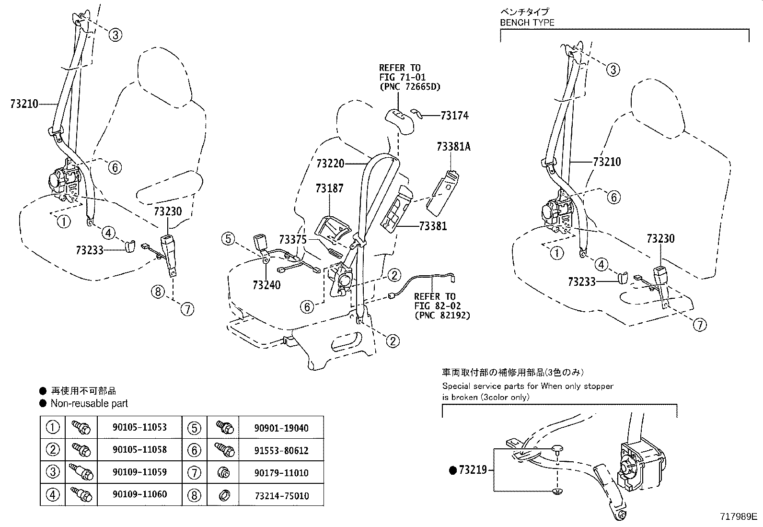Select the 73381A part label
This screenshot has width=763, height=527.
[x=453, y=147]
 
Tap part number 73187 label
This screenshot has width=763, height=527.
[x=329, y=188]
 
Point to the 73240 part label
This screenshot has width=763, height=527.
[x=266, y=285]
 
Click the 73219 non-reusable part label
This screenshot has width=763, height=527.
[x=473, y=470]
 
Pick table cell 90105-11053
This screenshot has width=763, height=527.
[x=139, y=427]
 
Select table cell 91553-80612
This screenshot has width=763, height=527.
[x=280, y=450]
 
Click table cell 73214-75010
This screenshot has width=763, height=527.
[x=280, y=495]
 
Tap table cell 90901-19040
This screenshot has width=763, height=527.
[x=280, y=428]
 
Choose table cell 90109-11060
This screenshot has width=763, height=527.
[x=139, y=494]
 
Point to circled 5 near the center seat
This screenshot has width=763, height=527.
[x=228, y=238]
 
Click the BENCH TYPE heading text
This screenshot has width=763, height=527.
[x=527, y=23]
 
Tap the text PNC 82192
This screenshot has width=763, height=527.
[x=442, y=315]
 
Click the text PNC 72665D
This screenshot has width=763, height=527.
[x=409, y=87]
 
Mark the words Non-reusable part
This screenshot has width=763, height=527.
[x=89, y=404]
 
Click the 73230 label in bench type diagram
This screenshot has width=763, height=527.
[x=660, y=238]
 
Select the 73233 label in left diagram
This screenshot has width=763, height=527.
[x=90, y=250]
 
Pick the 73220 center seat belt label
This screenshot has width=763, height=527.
[x=330, y=164]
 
